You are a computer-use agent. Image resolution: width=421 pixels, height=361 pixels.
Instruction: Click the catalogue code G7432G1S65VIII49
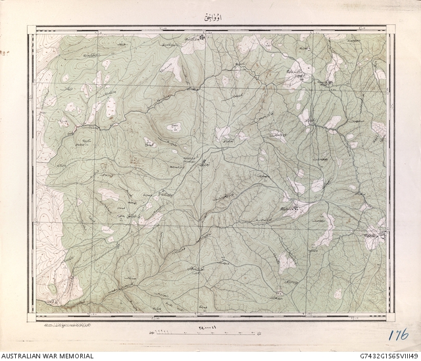click(385, 356)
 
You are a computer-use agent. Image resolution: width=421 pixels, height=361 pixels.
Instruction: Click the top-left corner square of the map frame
click(31, 29)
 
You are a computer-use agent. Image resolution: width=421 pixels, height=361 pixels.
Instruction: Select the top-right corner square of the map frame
click(391, 29)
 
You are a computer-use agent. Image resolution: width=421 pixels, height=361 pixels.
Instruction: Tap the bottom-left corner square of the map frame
click(31, 317)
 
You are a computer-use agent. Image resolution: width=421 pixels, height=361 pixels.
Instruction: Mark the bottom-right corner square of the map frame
click(391, 317)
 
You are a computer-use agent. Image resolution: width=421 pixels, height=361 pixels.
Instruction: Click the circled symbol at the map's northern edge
click(203, 37)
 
